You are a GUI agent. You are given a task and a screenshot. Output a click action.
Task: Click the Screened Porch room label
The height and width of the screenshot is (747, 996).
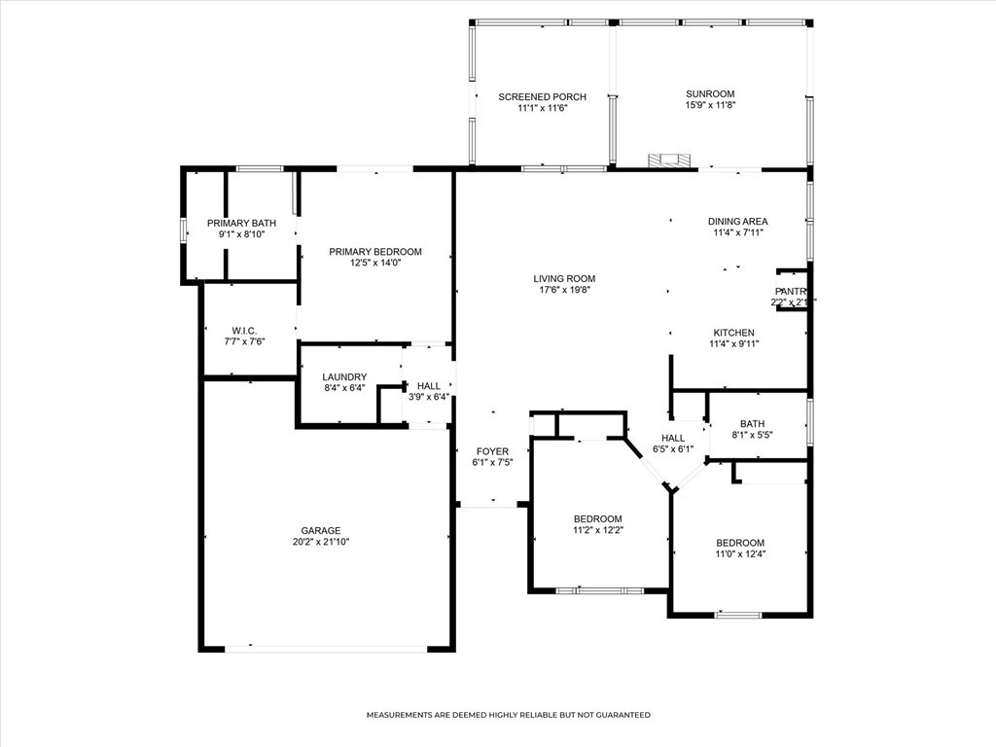542,96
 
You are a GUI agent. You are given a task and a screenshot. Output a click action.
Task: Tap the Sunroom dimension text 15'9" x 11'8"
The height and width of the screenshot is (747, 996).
710,105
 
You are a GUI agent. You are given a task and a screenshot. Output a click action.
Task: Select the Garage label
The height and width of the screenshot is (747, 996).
320,530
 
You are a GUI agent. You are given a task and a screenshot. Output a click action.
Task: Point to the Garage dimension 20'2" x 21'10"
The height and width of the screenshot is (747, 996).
320,542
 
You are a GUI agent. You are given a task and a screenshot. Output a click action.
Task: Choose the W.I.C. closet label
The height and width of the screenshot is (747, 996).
244,331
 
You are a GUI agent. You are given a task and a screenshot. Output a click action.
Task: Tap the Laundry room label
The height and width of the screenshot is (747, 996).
344,376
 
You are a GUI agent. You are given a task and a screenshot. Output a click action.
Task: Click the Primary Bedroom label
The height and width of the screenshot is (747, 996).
374,251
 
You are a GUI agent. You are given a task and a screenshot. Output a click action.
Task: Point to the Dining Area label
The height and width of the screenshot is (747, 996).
737,221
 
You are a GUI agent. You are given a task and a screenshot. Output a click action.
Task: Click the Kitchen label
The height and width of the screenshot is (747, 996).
732,332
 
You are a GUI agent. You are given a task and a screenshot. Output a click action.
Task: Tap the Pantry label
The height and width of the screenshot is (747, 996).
792,291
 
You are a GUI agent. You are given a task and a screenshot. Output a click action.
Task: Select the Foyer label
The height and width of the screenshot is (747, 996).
492,451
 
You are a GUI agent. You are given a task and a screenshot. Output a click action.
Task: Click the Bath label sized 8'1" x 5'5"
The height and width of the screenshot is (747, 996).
752,423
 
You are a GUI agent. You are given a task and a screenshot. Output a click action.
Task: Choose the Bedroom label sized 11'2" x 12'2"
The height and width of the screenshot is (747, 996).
597,518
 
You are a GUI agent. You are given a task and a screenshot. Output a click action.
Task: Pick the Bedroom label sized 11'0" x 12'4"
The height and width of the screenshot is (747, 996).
740,543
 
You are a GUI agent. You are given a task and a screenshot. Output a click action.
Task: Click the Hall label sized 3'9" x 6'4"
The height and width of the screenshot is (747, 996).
428,385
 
